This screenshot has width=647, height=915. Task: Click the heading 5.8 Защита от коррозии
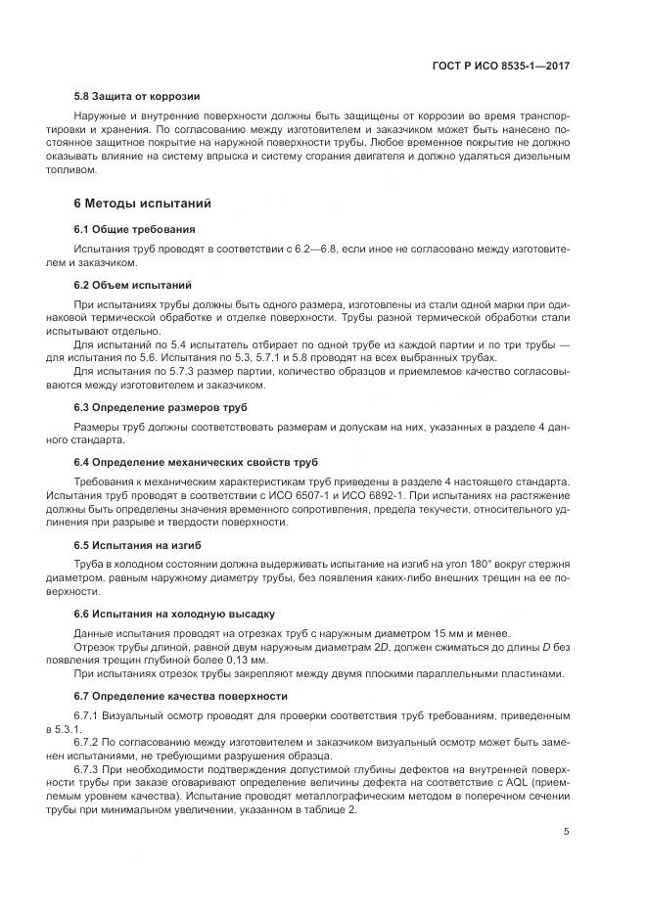(137, 97)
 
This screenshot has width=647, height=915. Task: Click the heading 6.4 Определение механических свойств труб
(196, 461)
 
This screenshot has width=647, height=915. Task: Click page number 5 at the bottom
(567, 832)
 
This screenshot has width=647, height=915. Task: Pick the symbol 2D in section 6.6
(345, 646)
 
